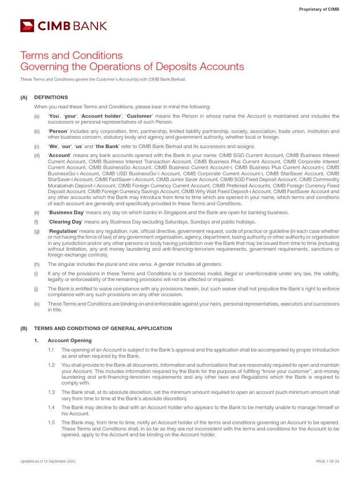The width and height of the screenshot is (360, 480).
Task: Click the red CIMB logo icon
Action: (27, 25)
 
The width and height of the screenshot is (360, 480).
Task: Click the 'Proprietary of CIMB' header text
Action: (319, 9)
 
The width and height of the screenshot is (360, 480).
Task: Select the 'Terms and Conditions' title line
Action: (71, 55)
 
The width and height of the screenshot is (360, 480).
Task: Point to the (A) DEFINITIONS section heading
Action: (51, 97)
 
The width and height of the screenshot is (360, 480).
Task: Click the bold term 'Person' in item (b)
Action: (58, 132)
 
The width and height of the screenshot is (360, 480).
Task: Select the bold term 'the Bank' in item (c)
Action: (106, 147)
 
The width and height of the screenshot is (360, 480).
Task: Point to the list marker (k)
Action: (37, 304)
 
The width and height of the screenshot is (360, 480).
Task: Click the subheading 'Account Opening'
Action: (70, 340)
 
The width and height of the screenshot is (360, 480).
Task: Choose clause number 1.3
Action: (52, 392)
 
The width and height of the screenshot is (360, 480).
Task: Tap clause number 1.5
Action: (52, 423)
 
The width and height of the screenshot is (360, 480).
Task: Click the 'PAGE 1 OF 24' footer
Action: (328, 462)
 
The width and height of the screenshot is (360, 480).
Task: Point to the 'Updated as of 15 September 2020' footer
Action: (48, 462)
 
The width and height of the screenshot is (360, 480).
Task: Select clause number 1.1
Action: (52, 350)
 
